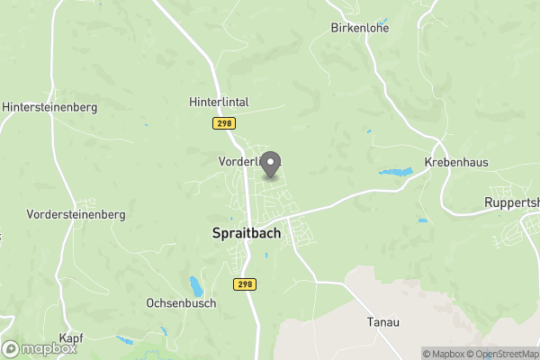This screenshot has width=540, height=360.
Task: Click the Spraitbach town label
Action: [x=246, y=232]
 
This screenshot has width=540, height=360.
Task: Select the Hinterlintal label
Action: [x=219, y=103]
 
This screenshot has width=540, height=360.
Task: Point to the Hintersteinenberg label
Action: [x=49, y=106]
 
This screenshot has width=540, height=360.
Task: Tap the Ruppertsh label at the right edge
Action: [x=511, y=202]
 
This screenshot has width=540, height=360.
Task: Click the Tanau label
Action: [x=382, y=321]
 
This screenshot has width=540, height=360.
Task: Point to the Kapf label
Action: [x=71, y=337]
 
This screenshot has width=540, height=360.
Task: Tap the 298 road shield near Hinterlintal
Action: [x=223, y=122]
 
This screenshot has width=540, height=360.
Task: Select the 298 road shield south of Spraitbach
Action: [x=245, y=283]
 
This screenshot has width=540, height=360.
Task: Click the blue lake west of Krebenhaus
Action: [x=394, y=171]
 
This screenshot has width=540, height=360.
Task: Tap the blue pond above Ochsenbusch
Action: [x=195, y=286]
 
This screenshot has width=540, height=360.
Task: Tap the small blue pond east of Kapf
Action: [x=124, y=340]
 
